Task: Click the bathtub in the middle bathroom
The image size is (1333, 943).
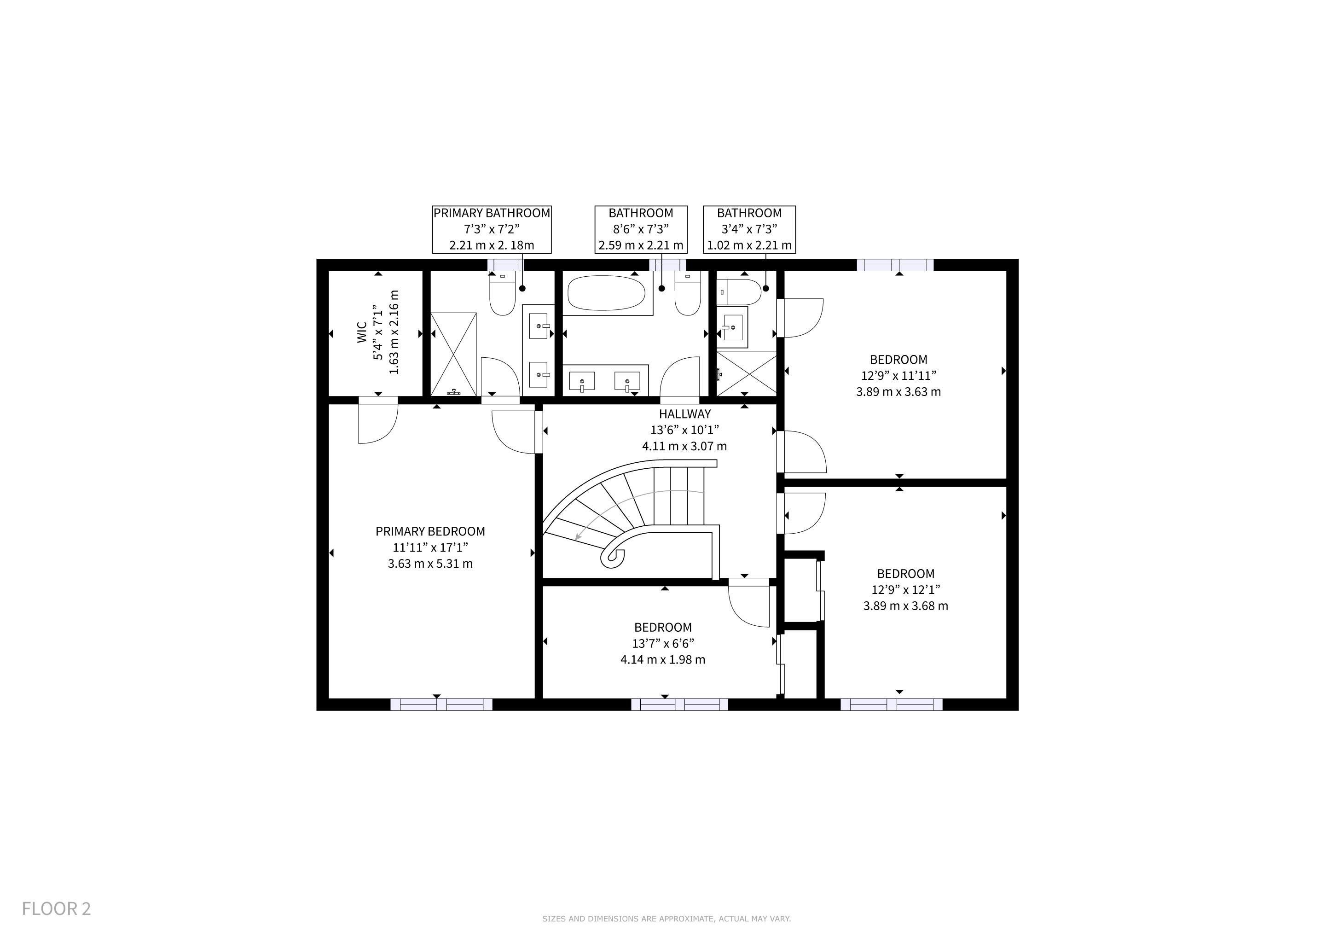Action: tap(606, 293)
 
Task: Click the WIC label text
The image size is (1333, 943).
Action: tap(362, 333)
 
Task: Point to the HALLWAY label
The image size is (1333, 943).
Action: tap(684, 414)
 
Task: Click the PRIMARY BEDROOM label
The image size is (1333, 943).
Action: tap(430, 531)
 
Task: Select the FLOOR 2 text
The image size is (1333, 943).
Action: tap(56, 909)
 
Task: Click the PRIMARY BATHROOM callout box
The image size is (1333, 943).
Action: tap(492, 229)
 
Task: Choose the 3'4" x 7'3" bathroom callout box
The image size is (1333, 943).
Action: tap(749, 229)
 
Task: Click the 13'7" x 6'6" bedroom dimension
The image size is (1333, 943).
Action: tap(663, 643)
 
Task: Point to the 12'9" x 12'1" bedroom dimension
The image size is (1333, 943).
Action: tap(906, 589)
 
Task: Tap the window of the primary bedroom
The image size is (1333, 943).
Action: tap(441, 704)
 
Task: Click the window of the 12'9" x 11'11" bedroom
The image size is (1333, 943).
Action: tap(895, 265)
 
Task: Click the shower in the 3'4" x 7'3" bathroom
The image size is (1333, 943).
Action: tap(747, 373)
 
